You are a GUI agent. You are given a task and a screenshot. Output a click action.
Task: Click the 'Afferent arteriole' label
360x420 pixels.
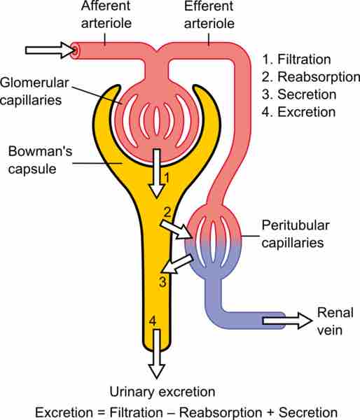(x=105, y=15)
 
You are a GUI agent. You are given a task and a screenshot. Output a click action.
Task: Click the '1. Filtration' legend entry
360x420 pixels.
(x=295, y=58)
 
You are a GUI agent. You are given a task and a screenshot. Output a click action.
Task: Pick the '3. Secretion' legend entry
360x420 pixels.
(x=298, y=94)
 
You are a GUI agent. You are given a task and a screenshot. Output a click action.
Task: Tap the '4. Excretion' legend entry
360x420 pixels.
(x=298, y=111)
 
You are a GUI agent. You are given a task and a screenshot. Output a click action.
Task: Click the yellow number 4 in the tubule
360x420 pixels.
(x=152, y=321)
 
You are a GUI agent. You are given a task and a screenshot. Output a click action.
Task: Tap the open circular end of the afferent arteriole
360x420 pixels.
(x=76, y=50)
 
